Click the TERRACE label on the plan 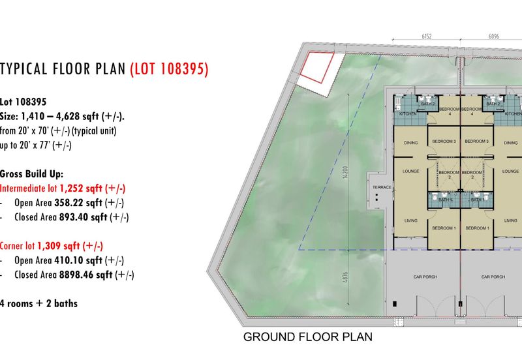(x=382, y=188)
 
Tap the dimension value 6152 (x=428, y=37)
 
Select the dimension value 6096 (x=493, y=37)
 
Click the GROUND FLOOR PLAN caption (x=307, y=337)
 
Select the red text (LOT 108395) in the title (x=169, y=68)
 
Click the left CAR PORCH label (x=424, y=277)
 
